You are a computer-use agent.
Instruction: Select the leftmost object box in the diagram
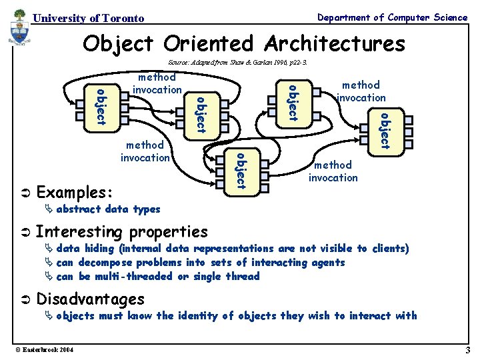click(99, 105)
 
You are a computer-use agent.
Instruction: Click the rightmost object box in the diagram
click(384, 131)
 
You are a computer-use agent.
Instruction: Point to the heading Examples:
click(73, 193)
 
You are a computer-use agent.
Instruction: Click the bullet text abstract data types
click(108, 209)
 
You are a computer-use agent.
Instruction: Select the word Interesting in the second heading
click(79, 232)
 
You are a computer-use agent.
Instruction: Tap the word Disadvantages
click(90, 299)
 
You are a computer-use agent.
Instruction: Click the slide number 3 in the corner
click(468, 350)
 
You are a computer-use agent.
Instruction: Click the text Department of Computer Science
click(392, 18)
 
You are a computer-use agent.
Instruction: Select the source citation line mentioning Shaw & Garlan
click(237, 61)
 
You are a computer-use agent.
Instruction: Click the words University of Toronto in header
click(88, 19)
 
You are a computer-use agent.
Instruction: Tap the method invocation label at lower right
click(333, 171)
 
